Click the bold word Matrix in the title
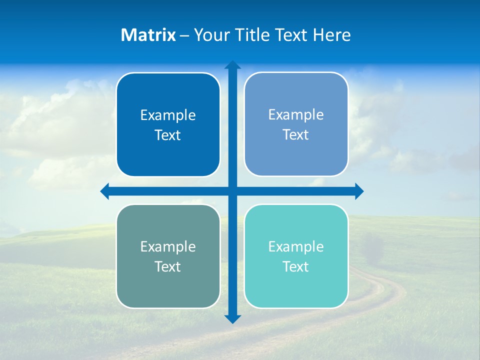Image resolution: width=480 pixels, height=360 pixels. coord(148,35)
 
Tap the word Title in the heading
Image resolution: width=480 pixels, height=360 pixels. coord(253,35)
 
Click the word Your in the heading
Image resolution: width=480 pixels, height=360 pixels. coord(211,35)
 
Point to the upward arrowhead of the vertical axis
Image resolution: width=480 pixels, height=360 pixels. coord(232,64)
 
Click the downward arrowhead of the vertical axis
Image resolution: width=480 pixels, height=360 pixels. coord(232,319)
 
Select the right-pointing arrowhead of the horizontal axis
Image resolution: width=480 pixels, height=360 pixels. coord(359,191)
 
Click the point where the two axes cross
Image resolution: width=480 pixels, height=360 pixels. coord(232,191)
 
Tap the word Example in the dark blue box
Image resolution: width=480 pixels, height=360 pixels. coord(168,115)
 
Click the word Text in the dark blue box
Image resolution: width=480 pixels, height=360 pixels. coord(168,135)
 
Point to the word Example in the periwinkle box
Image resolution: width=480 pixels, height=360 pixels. coord(296,114)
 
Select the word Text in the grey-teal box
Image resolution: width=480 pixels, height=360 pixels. coord(168,266)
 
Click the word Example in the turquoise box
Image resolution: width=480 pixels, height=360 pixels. coord(296,246)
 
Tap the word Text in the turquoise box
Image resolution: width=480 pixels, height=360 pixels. coord(296,266)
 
